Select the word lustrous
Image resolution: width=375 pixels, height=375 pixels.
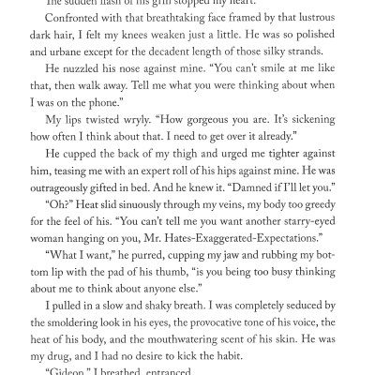pos(330,23)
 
